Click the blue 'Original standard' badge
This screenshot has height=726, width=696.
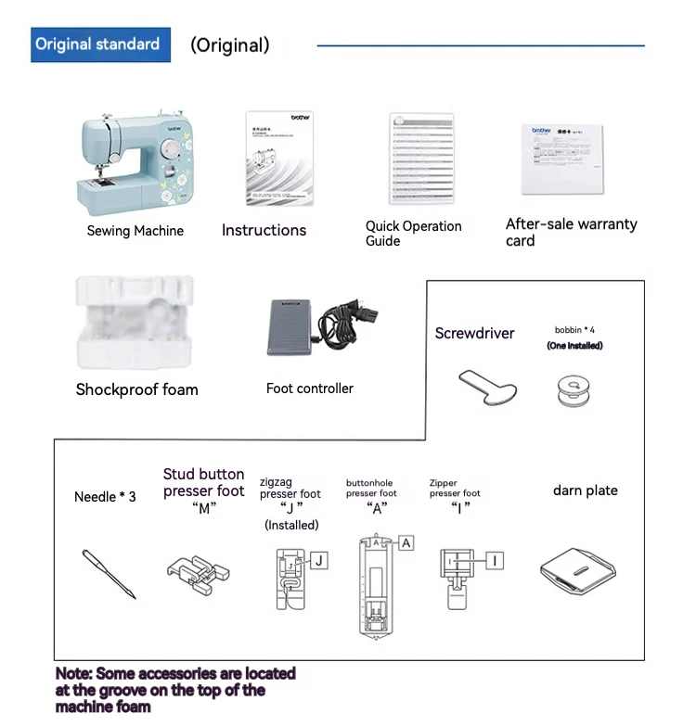click(x=97, y=45)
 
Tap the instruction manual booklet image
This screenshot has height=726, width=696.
click(x=279, y=159)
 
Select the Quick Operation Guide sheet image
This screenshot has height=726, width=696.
click(x=421, y=159)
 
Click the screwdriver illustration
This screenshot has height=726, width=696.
click(x=487, y=384)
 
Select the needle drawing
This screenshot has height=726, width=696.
click(x=109, y=573)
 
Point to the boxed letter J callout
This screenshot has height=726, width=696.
click(x=318, y=560)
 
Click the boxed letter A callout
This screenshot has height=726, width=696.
click(x=406, y=543)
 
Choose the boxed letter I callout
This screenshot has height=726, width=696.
click(x=496, y=560)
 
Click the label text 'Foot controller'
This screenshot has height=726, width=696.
click(x=310, y=388)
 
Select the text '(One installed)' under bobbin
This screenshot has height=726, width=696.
click(x=574, y=346)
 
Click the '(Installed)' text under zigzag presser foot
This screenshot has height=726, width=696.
click(x=291, y=525)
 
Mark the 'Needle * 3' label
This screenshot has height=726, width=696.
click(x=105, y=497)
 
